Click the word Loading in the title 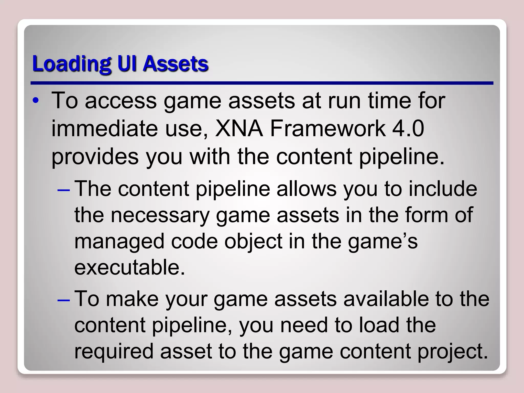(x=72, y=64)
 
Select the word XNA (x=239, y=128)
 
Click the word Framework (x=328, y=128)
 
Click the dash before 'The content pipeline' (x=64, y=190)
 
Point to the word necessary (x=160, y=215)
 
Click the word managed (x=119, y=242)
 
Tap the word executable (x=129, y=267)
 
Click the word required (x=114, y=351)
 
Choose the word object (x=253, y=242)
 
